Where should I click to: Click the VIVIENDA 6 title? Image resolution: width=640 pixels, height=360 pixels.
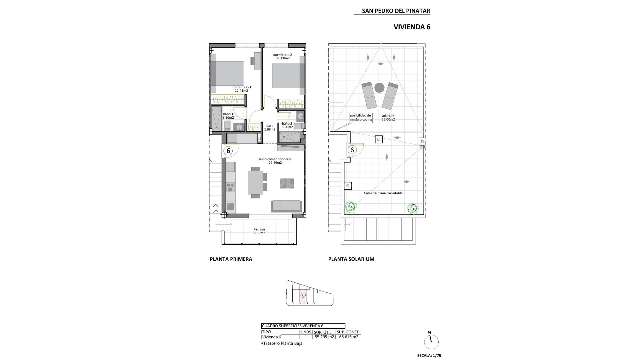(x=412, y=27)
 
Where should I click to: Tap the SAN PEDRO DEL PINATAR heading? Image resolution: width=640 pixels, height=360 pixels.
(x=396, y=11)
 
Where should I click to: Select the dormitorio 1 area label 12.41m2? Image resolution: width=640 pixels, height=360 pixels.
(x=241, y=91)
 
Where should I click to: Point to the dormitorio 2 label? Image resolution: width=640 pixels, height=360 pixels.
(x=282, y=55)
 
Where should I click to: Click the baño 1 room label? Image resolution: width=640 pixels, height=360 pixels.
(x=228, y=114)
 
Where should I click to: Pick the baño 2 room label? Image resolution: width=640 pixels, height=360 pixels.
(x=287, y=123)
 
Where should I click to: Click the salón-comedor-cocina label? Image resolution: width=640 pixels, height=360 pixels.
(x=275, y=159)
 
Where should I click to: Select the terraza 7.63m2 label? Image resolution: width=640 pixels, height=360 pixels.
(x=259, y=231)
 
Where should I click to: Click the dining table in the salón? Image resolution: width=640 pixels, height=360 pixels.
(x=255, y=182)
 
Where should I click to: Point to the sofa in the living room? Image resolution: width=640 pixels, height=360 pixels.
(x=287, y=205)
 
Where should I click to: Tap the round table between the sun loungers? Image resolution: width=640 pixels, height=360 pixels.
(x=379, y=88)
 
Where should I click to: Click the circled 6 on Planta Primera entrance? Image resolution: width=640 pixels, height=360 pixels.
(x=228, y=151)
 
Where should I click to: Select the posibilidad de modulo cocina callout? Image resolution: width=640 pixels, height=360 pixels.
(x=360, y=117)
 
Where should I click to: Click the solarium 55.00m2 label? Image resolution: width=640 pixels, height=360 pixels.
(x=388, y=117)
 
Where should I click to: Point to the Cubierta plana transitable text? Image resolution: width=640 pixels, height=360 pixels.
(x=383, y=193)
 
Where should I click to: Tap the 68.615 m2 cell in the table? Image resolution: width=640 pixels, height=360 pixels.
(x=348, y=337)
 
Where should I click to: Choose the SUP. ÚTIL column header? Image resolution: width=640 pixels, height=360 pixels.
(x=322, y=332)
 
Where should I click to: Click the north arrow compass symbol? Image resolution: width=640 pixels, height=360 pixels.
(x=431, y=342)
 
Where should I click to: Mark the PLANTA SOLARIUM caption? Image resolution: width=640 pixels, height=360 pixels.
(x=351, y=259)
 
